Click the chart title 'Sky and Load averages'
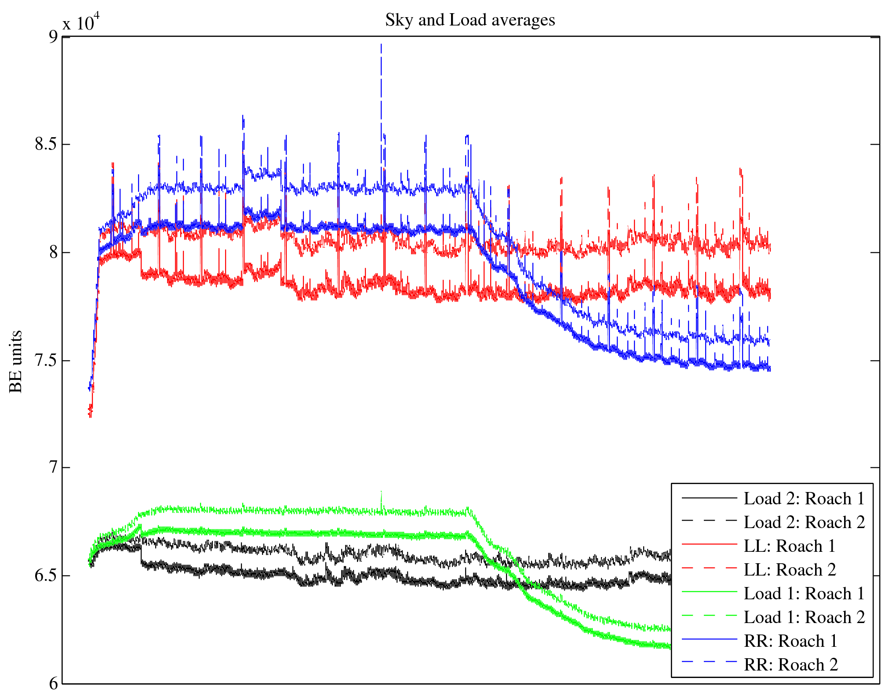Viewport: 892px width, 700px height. coord(470,20)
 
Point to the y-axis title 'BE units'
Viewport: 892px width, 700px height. coord(16,361)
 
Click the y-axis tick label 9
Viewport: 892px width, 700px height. coord(53,36)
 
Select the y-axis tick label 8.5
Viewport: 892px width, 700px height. coord(46,144)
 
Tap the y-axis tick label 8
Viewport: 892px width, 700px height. coord(53,252)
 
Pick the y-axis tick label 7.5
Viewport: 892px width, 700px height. coord(46,361)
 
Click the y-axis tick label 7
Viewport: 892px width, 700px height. coord(53,467)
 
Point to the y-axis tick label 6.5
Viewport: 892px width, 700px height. coord(46,576)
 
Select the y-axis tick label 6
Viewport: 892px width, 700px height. coord(53,683)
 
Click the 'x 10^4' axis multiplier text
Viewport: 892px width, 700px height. coord(81,22)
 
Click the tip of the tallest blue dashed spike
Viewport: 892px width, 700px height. coord(381,44)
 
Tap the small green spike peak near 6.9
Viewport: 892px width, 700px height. coord(381,492)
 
